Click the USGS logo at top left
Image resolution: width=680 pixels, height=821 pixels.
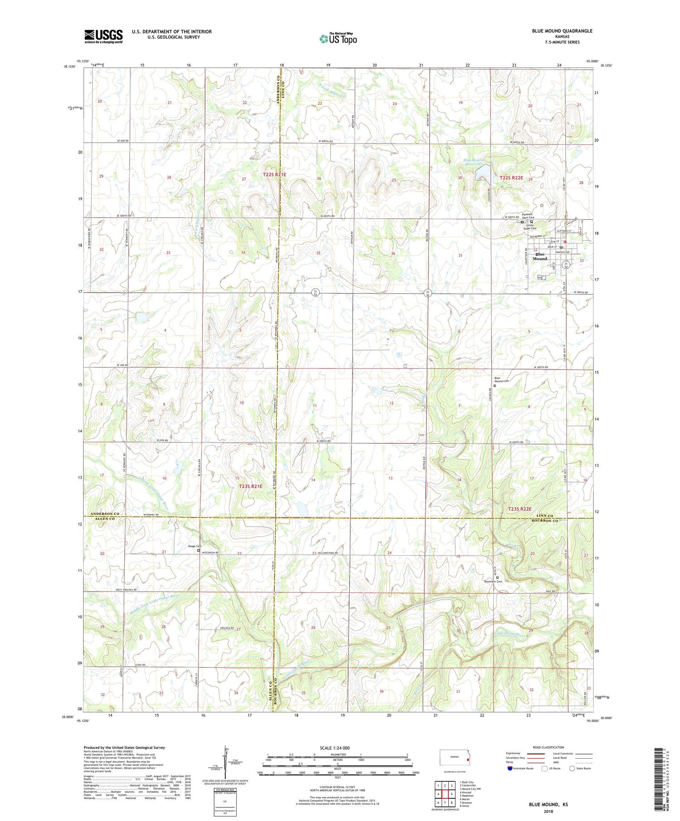pyautogui.click(x=103, y=36)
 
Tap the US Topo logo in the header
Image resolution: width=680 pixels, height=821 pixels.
pyautogui.click(x=338, y=39)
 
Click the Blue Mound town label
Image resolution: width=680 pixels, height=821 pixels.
pyautogui.click(x=539, y=257)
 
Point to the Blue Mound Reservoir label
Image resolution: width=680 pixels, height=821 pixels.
pyautogui.click(x=474, y=163)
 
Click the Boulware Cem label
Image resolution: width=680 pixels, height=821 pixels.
pyautogui.click(x=492, y=582)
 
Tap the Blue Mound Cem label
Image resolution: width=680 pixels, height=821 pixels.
pyautogui.click(x=501, y=379)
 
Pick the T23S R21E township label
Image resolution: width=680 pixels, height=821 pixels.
pyautogui.click(x=250, y=486)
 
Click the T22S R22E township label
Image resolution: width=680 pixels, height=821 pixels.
pyautogui.click(x=511, y=178)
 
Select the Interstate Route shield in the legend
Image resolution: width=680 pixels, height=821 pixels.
pyautogui.click(x=510, y=768)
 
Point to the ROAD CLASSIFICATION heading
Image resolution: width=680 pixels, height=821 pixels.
pyautogui.click(x=549, y=747)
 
